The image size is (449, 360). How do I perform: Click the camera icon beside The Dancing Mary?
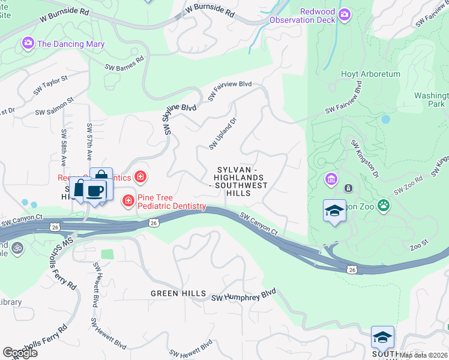(28, 44)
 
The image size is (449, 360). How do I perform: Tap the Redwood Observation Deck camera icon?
(344, 14)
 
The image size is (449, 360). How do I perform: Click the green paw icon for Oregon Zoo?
(383, 206)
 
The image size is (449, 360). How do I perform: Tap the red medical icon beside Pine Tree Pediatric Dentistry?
(128, 201)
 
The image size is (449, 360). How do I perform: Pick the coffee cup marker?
(95, 191)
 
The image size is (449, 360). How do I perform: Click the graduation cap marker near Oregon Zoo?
(334, 211)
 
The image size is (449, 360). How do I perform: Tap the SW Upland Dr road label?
(223, 134)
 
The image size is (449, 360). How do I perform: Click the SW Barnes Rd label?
(124, 63)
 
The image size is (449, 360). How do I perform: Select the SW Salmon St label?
(54, 107)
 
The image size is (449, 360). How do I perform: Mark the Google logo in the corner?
(20, 353)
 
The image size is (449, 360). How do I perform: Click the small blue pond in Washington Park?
(385, 119)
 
